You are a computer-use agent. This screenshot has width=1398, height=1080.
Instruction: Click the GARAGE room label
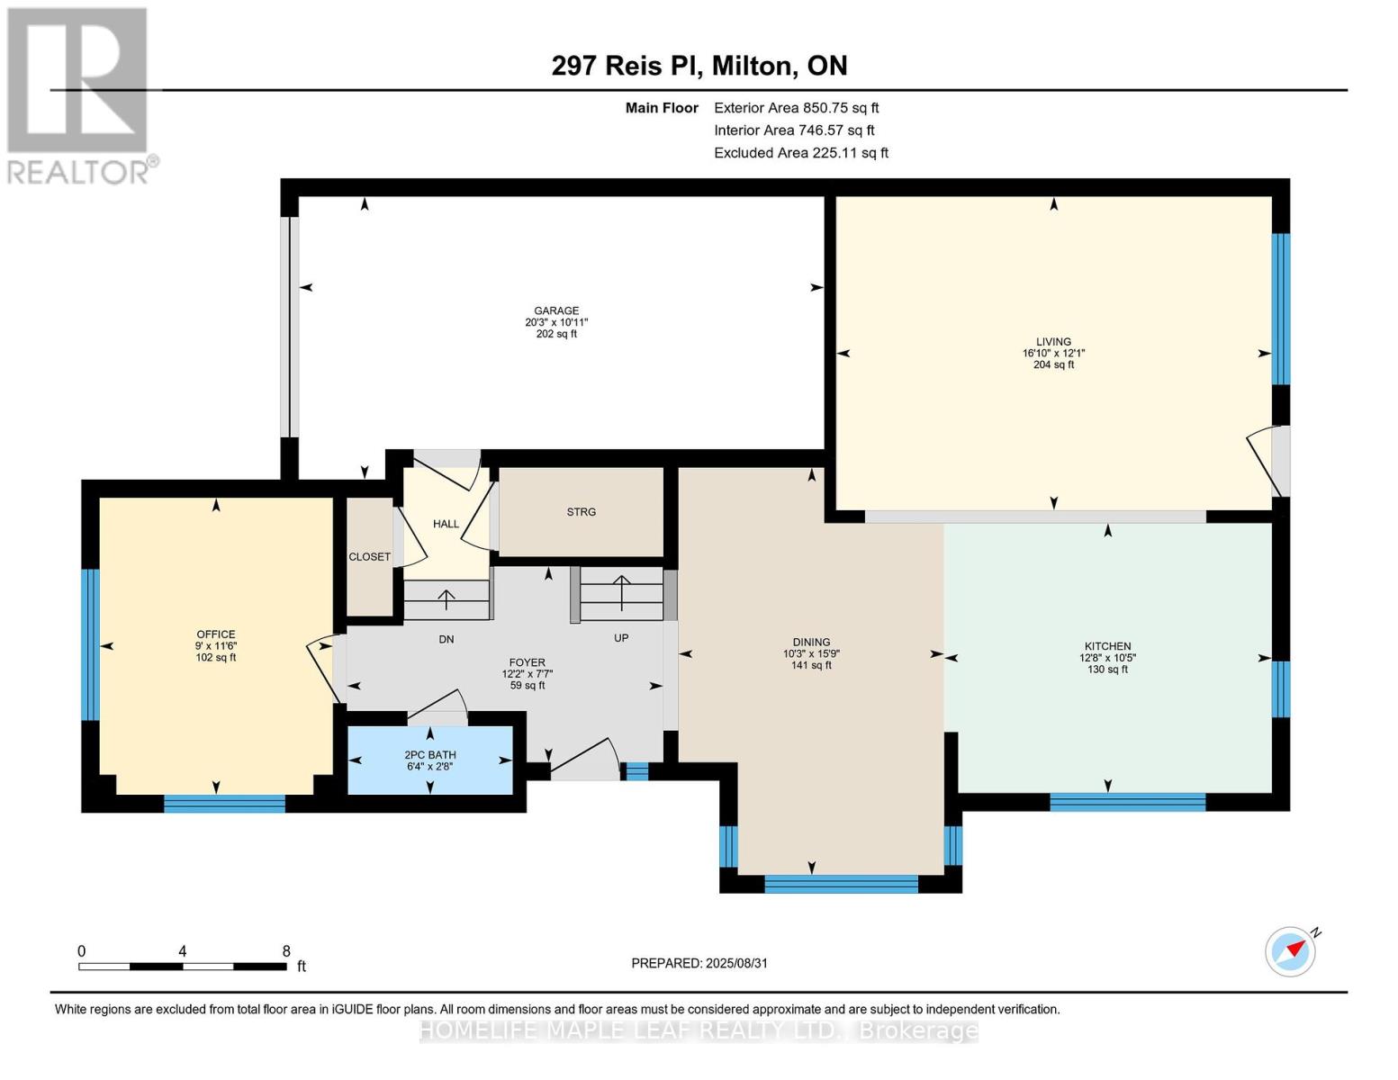(555, 310)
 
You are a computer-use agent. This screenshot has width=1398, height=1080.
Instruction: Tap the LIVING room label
(1053, 342)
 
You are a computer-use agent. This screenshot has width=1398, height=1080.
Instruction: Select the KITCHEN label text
(1107, 646)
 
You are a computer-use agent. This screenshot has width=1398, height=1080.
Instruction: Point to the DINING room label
(811, 642)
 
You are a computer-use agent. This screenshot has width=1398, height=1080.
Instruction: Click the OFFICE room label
(216, 634)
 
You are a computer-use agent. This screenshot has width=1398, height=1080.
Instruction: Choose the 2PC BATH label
(429, 754)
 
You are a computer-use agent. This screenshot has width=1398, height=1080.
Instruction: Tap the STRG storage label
(581, 511)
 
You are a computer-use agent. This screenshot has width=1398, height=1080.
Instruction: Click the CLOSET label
(369, 556)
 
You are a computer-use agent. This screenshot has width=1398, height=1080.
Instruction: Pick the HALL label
(446, 524)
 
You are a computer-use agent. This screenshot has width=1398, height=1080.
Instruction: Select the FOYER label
(527, 661)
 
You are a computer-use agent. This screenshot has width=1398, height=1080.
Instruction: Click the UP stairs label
(621, 637)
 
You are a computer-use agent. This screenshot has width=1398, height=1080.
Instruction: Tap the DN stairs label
(446, 639)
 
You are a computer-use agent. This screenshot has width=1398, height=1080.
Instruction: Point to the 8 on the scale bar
(286, 950)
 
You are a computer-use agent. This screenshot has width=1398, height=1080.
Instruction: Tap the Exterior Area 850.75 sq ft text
(796, 108)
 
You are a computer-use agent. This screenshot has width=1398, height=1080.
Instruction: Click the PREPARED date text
(699, 963)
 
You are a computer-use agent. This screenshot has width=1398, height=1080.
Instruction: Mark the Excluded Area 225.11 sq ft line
(801, 152)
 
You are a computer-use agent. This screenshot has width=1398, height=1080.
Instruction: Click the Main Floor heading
(662, 108)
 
